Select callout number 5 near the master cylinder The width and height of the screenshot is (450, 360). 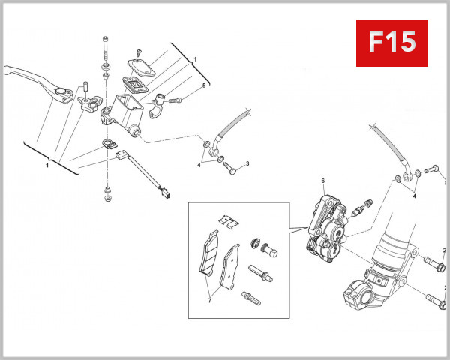pyautogui.click(x=203, y=86)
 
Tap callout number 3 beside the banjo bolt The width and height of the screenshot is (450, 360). pyautogui.click(x=247, y=163)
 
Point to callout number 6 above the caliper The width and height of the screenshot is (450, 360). pyautogui.click(x=322, y=181)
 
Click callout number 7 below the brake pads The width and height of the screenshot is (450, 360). pyautogui.click(x=209, y=300)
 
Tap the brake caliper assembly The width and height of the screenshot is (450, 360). pyautogui.click(x=324, y=225)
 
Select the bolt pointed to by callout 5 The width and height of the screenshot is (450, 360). pyautogui.click(x=177, y=99)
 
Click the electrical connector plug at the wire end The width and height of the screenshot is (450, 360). pyautogui.click(x=164, y=194)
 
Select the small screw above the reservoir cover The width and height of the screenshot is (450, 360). pyautogui.click(x=138, y=51)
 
